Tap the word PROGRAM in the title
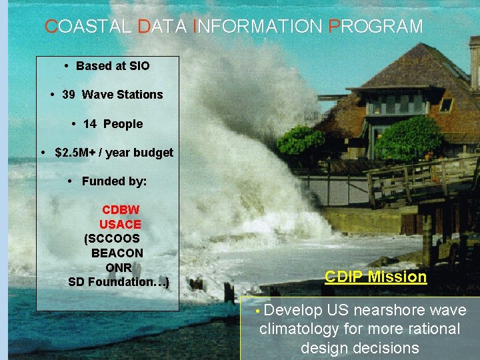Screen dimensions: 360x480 [376, 27]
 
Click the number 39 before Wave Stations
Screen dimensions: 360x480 [68, 95]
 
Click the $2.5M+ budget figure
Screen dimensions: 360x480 [75, 153]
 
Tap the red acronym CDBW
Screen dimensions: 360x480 [121, 210]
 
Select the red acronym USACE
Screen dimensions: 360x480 [120, 225]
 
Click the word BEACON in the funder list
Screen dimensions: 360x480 [117, 253]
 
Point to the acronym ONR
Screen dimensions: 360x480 [118, 268]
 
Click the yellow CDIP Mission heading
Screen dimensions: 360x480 [375, 277]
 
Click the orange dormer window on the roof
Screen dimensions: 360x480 [445, 105]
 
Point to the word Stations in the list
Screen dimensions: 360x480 [139, 95]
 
